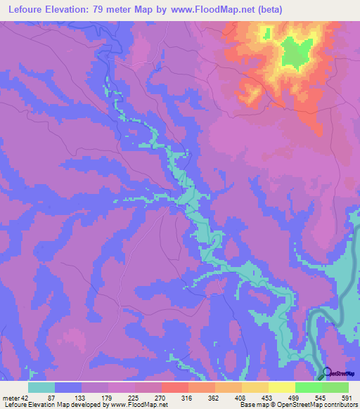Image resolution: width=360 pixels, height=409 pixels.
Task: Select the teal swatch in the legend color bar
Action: click(x=41, y=387)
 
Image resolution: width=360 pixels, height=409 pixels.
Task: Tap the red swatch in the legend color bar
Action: click(x=175, y=387)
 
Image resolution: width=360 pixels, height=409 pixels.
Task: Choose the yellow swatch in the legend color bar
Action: click(x=281, y=387)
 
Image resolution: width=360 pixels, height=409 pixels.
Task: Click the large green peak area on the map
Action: click(x=297, y=53)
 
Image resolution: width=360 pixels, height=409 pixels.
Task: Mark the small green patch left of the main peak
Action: click(x=266, y=32)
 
